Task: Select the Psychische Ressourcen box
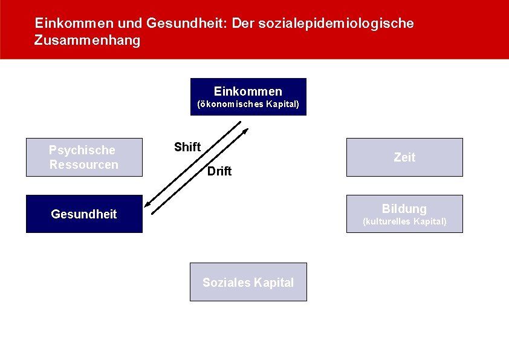84,157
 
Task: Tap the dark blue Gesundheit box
84,214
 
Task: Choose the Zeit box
404,157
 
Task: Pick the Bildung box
404,214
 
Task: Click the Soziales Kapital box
248,282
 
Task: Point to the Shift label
187,147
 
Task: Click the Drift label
219,171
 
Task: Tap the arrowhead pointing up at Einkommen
245,131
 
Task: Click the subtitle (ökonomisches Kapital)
248,104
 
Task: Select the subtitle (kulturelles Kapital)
404,221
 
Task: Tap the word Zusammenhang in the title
88,41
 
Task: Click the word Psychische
82,150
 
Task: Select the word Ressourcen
84,165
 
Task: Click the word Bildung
404,209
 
